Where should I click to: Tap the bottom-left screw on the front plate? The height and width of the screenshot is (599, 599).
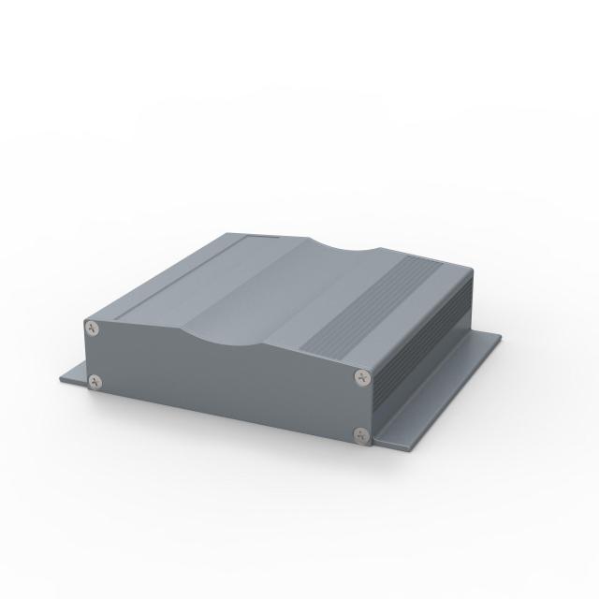(x=95, y=381)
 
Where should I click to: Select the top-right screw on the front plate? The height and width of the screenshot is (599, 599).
(x=362, y=377)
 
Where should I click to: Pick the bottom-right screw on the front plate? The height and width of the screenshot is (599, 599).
(x=361, y=433)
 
